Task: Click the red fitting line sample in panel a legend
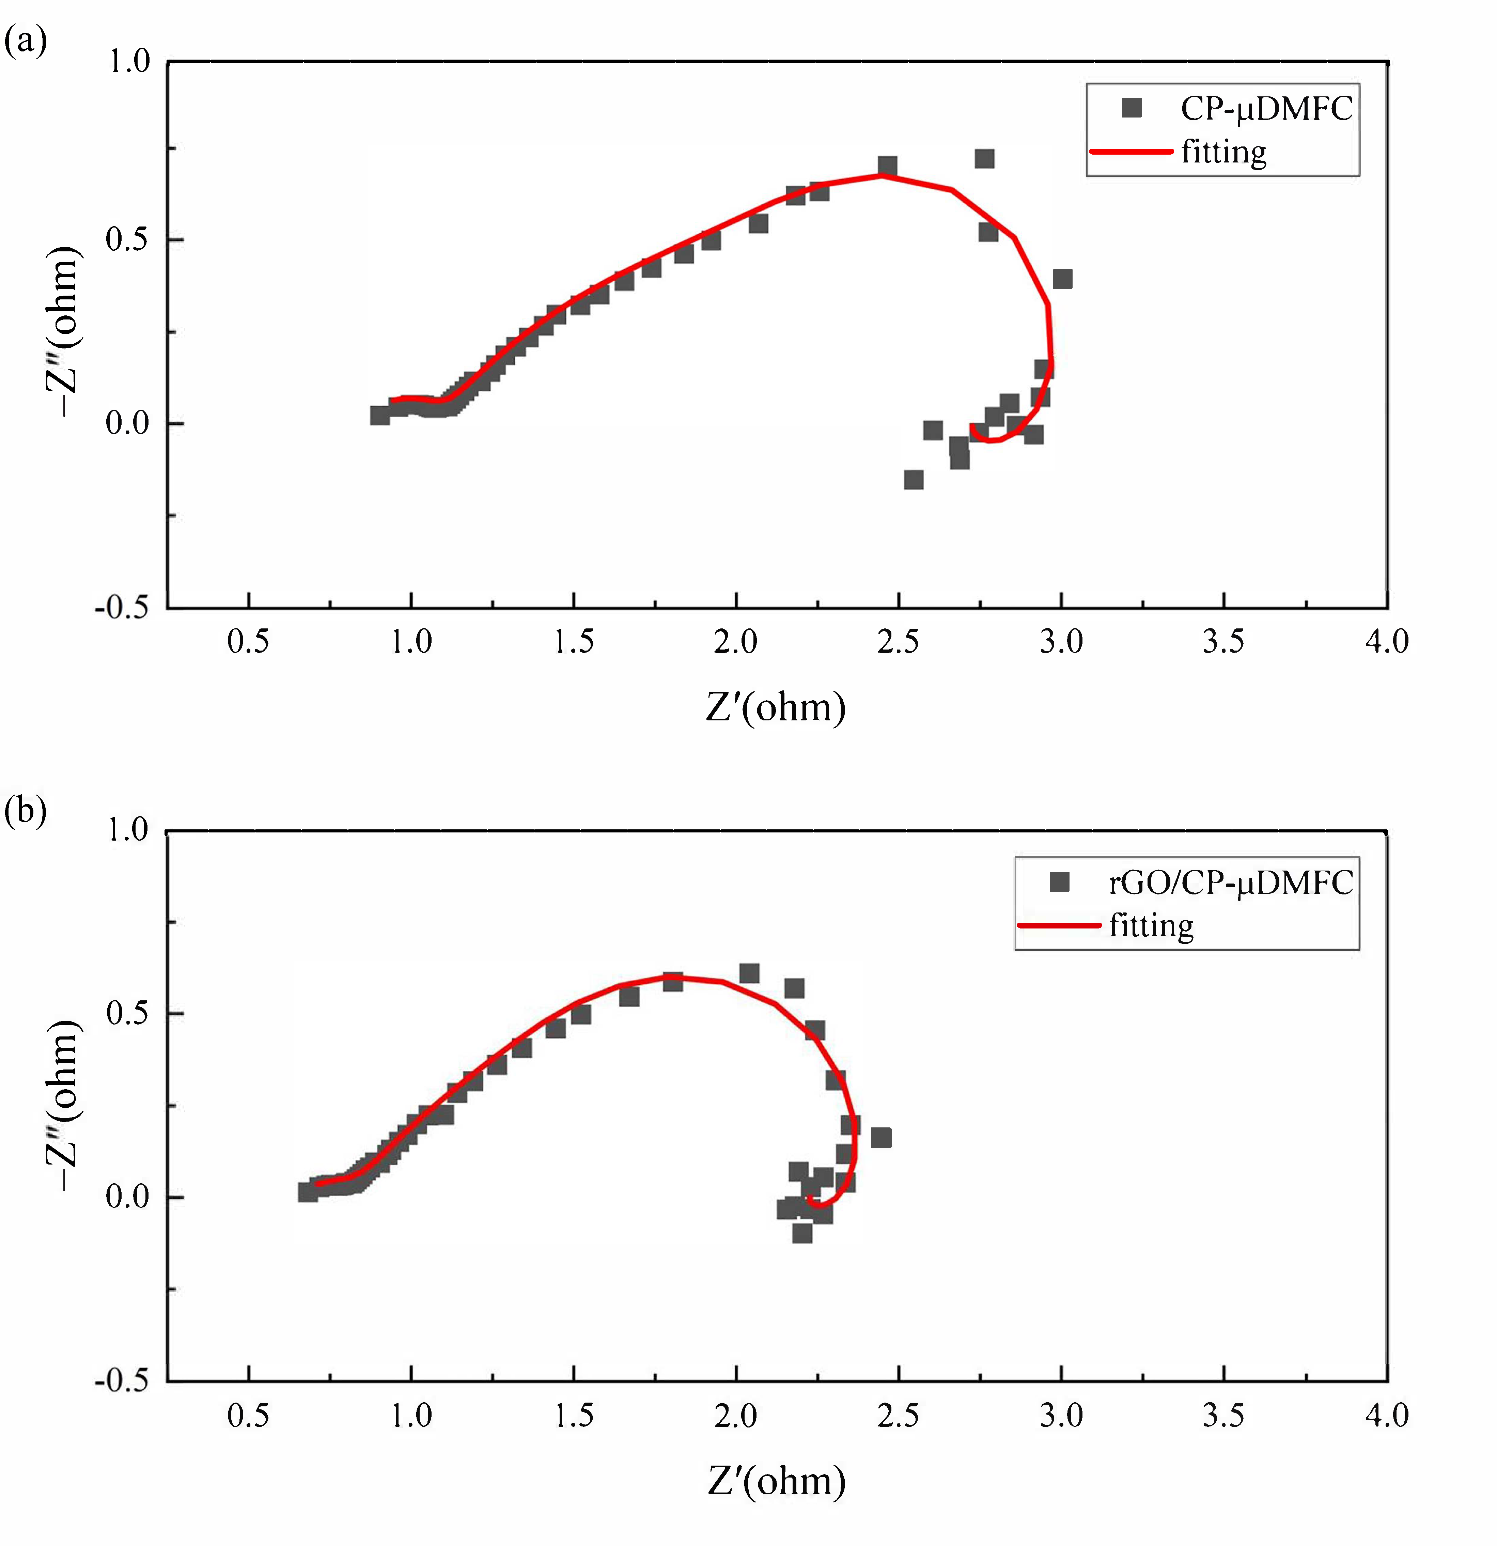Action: click(1130, 151)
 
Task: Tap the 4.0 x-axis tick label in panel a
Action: click(1387, 641)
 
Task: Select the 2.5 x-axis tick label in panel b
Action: click(898, 1415)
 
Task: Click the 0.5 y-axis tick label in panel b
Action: click(128, 1013)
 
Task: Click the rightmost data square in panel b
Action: click(881, 1137)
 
